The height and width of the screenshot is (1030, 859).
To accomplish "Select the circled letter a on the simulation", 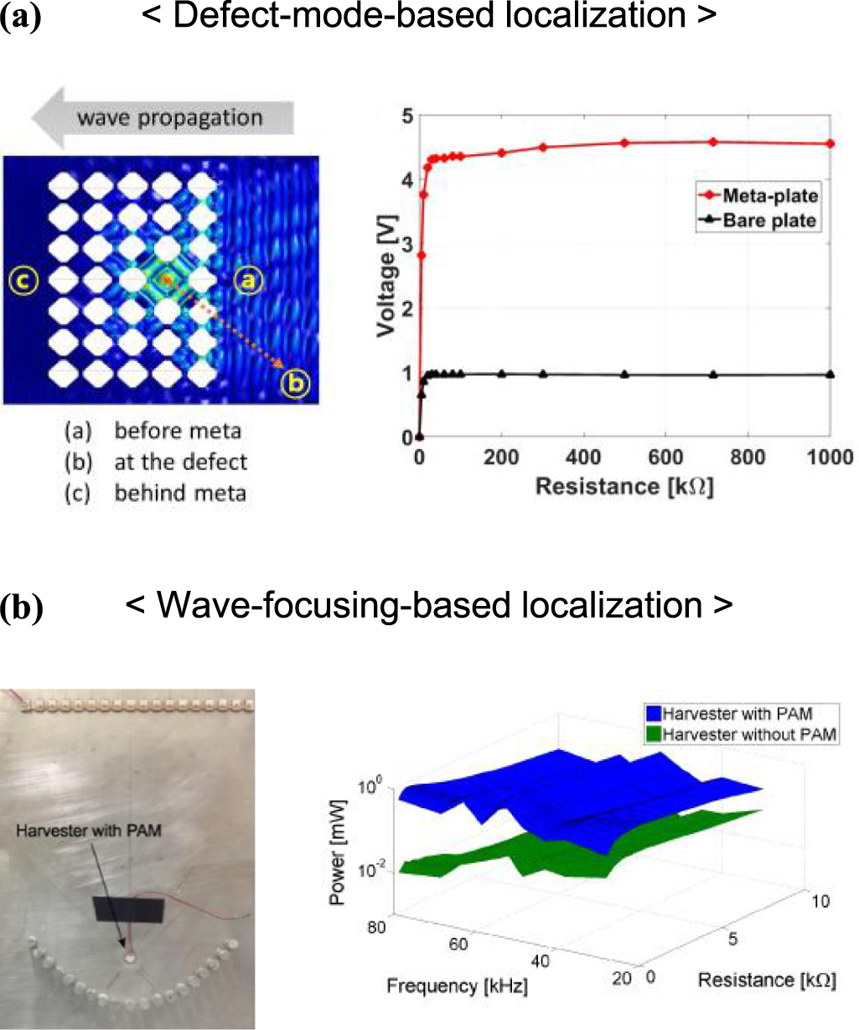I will [246, 282].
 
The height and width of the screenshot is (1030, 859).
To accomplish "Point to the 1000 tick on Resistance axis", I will [830, 458].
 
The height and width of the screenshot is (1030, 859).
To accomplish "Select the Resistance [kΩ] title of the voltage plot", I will [624, 486].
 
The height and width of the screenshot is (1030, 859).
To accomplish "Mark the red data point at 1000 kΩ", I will [831, 143].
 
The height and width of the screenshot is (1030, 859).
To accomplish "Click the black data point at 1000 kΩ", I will [831, 375].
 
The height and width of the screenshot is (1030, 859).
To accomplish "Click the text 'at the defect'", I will [181, 462].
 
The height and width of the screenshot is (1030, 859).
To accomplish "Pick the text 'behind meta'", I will [180, 493].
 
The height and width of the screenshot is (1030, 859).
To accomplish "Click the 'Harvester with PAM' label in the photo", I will [89, 831].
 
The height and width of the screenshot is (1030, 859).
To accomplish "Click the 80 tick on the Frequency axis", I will [375, 926].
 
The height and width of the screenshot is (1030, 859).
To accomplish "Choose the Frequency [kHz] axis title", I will [457, 986].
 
